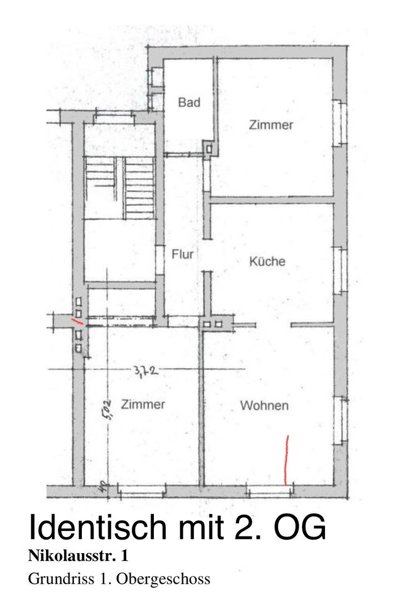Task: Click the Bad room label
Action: [189, 102]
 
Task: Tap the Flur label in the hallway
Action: [183, 254]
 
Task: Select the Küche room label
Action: [267, 261]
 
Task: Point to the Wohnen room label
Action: [264, 406]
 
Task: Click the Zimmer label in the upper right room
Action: [271, 125]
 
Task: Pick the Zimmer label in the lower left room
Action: [143, 404]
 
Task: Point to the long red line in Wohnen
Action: [286, 460]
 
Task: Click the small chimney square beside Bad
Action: [209, 148]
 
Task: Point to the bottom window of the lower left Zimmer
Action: [142, 490]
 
